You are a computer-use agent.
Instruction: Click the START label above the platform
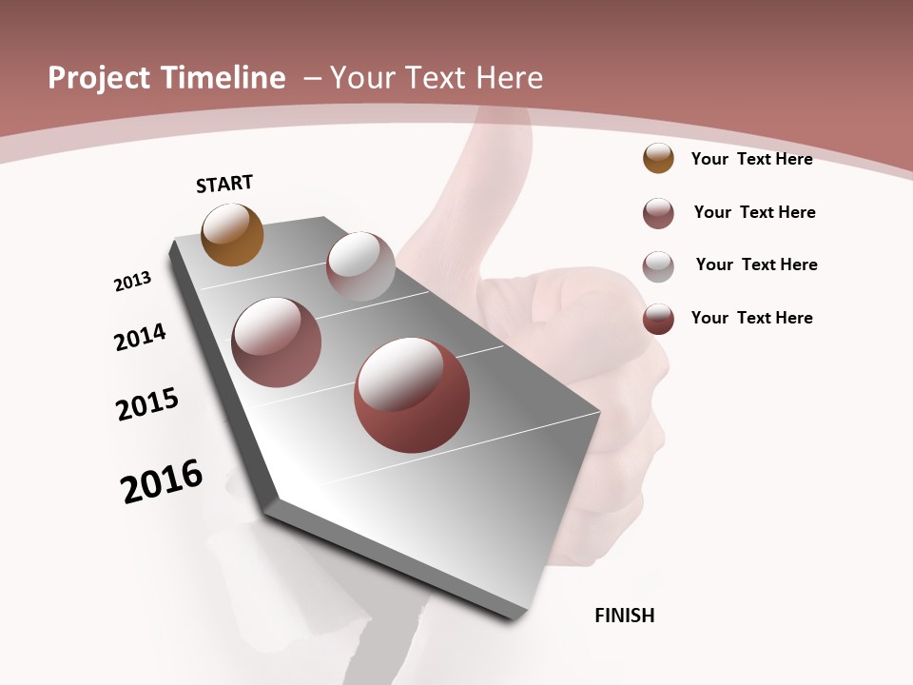(224, 184)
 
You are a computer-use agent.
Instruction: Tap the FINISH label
(625, 616)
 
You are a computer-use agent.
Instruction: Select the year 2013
(132, 282)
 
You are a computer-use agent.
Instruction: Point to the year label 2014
(140, 337)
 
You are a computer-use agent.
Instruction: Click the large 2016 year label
(162, 481)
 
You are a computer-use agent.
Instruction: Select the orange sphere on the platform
(232, 235)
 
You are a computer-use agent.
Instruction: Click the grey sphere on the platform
(360, 265)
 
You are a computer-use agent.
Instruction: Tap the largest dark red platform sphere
(412, 395)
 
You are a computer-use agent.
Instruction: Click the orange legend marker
(658, 159)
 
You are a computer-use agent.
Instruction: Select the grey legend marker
(658, 265)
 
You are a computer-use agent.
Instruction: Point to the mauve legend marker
(658, 213)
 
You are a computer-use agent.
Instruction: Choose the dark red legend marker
(658, 319)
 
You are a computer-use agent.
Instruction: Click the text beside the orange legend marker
(751, 159)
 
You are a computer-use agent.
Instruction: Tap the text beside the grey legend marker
(756, 264)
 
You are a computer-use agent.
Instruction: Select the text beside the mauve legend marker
(754, 212)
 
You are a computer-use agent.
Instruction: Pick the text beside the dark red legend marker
(751, 318)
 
